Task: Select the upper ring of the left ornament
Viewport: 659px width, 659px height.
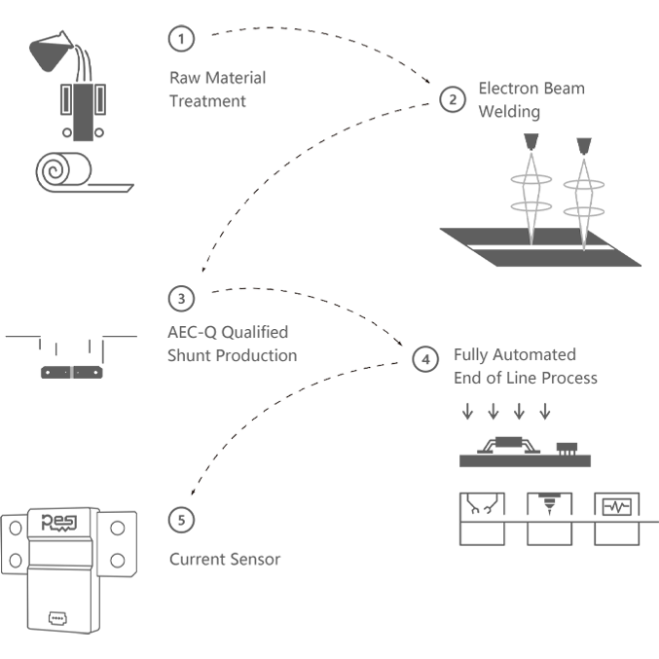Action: point(531,181)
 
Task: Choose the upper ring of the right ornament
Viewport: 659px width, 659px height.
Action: point(584,181)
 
